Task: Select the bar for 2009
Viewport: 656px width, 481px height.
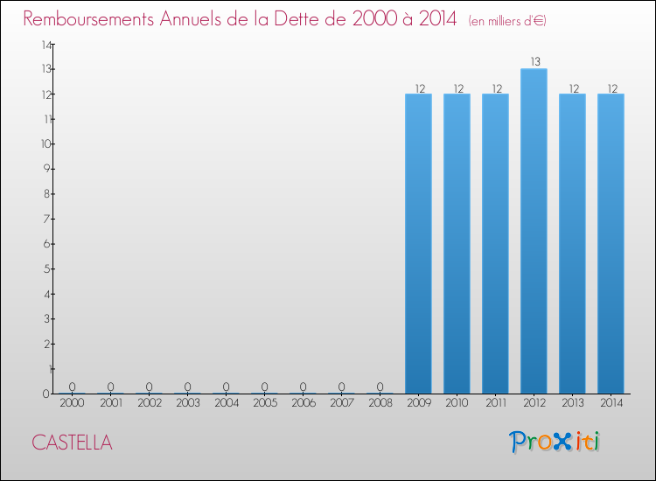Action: point(418,244)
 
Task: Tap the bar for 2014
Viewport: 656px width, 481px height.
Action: point(611,244)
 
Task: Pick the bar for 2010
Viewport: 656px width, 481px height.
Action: point(457,244)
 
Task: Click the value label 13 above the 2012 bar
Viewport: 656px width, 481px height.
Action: point(534,62)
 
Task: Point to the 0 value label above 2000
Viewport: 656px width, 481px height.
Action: point(72,387)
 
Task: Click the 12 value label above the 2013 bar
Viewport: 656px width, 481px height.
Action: point(572,87)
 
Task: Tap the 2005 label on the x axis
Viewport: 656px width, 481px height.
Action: point(264,403)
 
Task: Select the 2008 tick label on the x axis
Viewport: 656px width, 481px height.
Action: point(380,403)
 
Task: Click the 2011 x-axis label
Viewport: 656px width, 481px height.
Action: point(495,403)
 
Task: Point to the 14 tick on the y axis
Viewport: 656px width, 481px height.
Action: point(45,44)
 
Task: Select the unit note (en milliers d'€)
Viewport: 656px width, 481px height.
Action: point(507,20)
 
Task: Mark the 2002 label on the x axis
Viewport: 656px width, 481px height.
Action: point(149,403)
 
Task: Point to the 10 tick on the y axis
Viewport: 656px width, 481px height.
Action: point(45,143)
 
